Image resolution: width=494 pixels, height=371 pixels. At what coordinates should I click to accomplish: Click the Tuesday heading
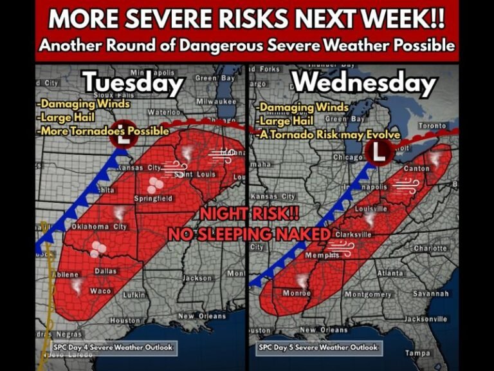[133, 82]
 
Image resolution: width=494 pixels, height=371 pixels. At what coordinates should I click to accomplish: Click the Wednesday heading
[364, 82]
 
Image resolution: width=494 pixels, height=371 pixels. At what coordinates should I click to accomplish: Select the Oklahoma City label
[99, 227]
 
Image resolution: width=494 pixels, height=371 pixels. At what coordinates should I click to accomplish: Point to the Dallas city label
[105, 271]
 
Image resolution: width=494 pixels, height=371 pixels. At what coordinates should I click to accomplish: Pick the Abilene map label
[65, 274]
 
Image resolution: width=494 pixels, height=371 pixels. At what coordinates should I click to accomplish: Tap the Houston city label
[125, 320]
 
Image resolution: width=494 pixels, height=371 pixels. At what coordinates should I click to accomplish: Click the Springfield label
[153, 199]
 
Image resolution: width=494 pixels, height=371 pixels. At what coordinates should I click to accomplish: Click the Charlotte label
[430, 249]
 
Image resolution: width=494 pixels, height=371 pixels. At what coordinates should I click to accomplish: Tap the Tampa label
[417, 352]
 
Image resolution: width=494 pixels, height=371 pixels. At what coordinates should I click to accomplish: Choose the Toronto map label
[432, 126]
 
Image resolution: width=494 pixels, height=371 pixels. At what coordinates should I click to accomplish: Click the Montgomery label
[368, 294]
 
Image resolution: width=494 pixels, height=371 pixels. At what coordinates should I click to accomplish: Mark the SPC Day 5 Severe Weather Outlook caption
[318, 347]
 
